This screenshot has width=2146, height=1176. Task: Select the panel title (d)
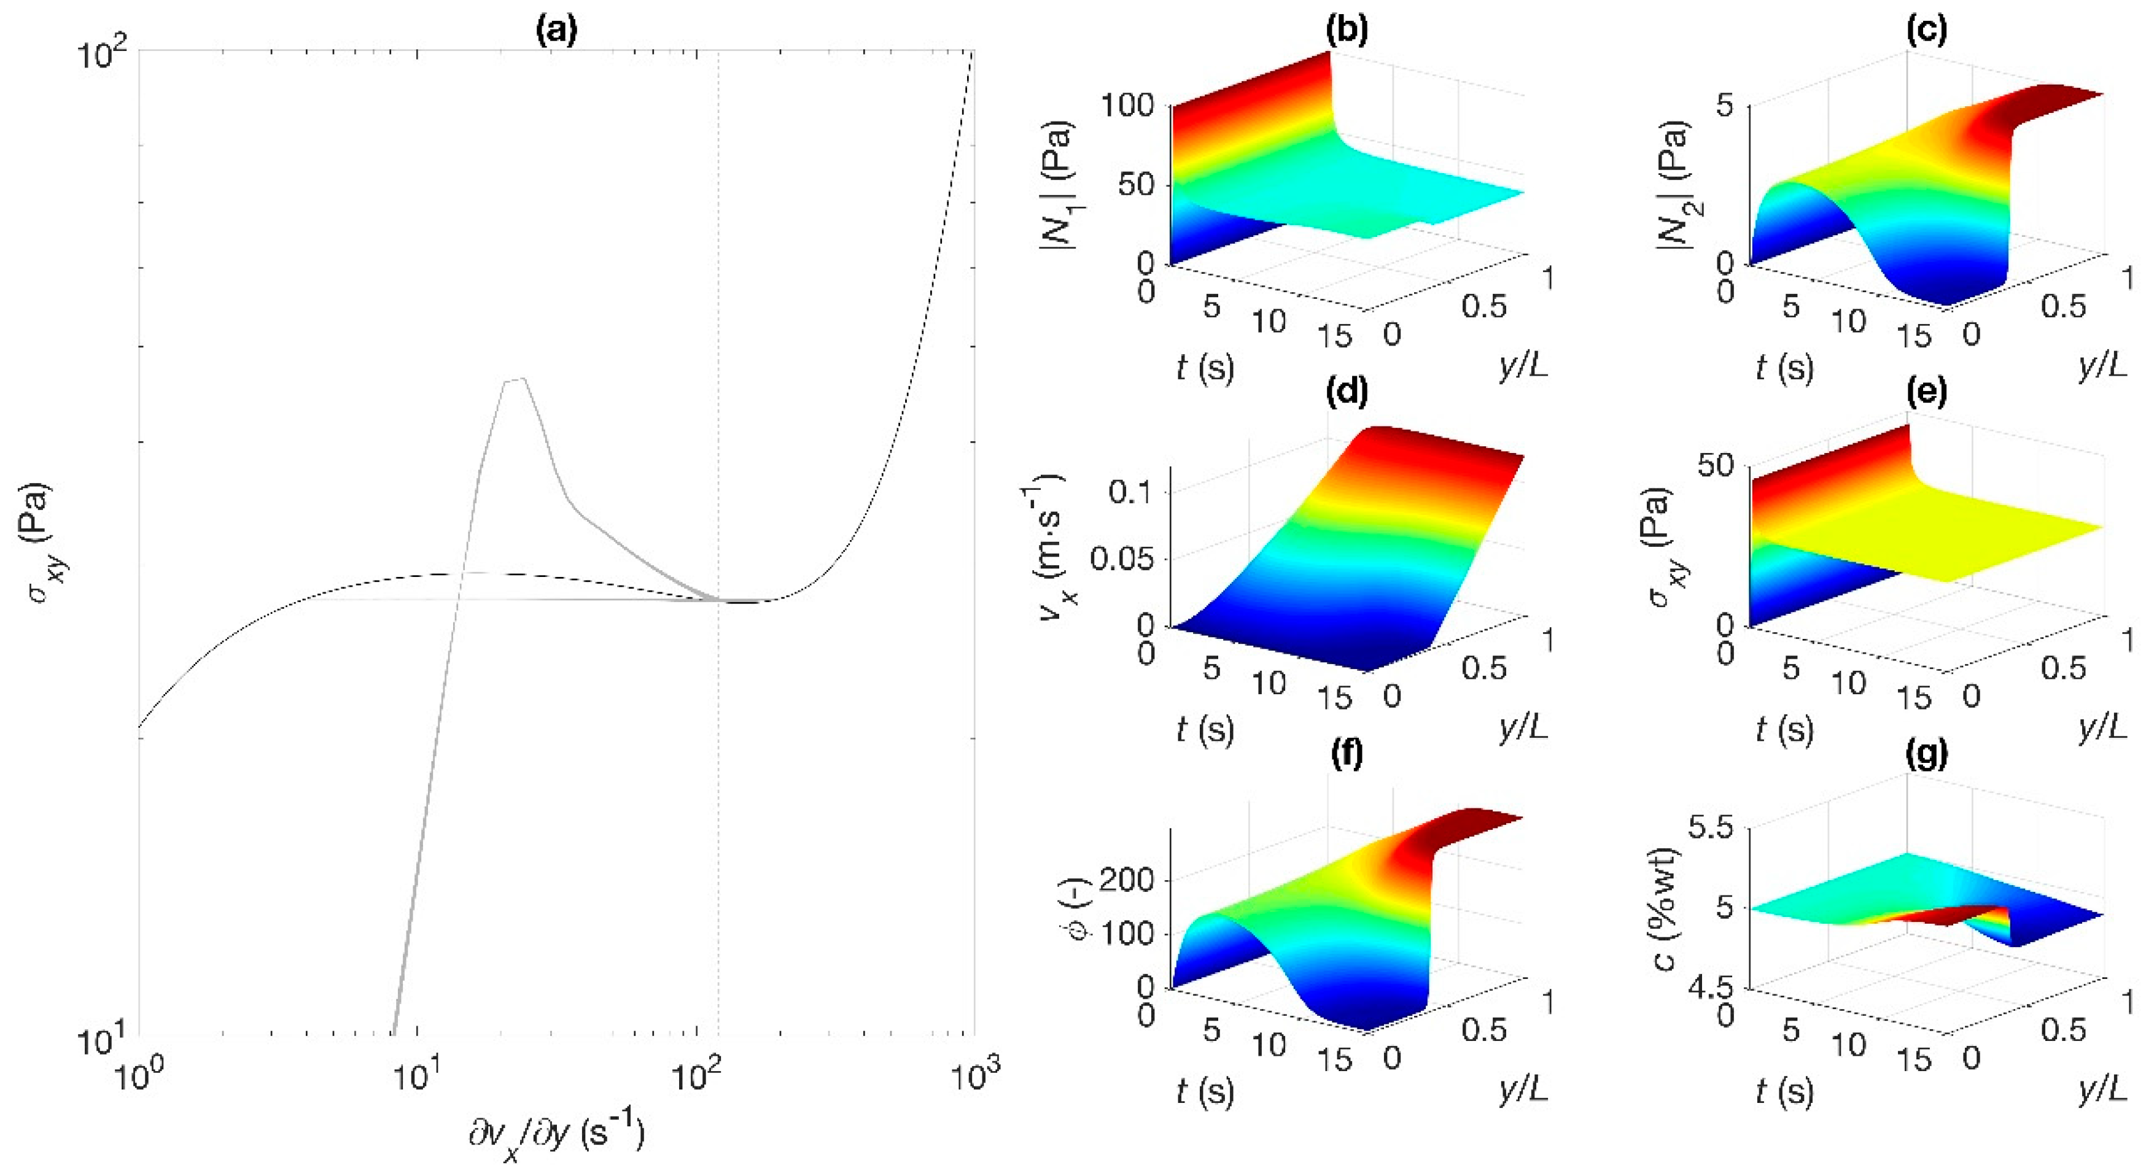pyautogui.click(x=1347, y=392)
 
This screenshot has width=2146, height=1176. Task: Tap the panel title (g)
pyautogui.click(x=1926, y=754)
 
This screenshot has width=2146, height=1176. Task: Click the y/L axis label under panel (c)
pyautogui.click(x=2102, y=366)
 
